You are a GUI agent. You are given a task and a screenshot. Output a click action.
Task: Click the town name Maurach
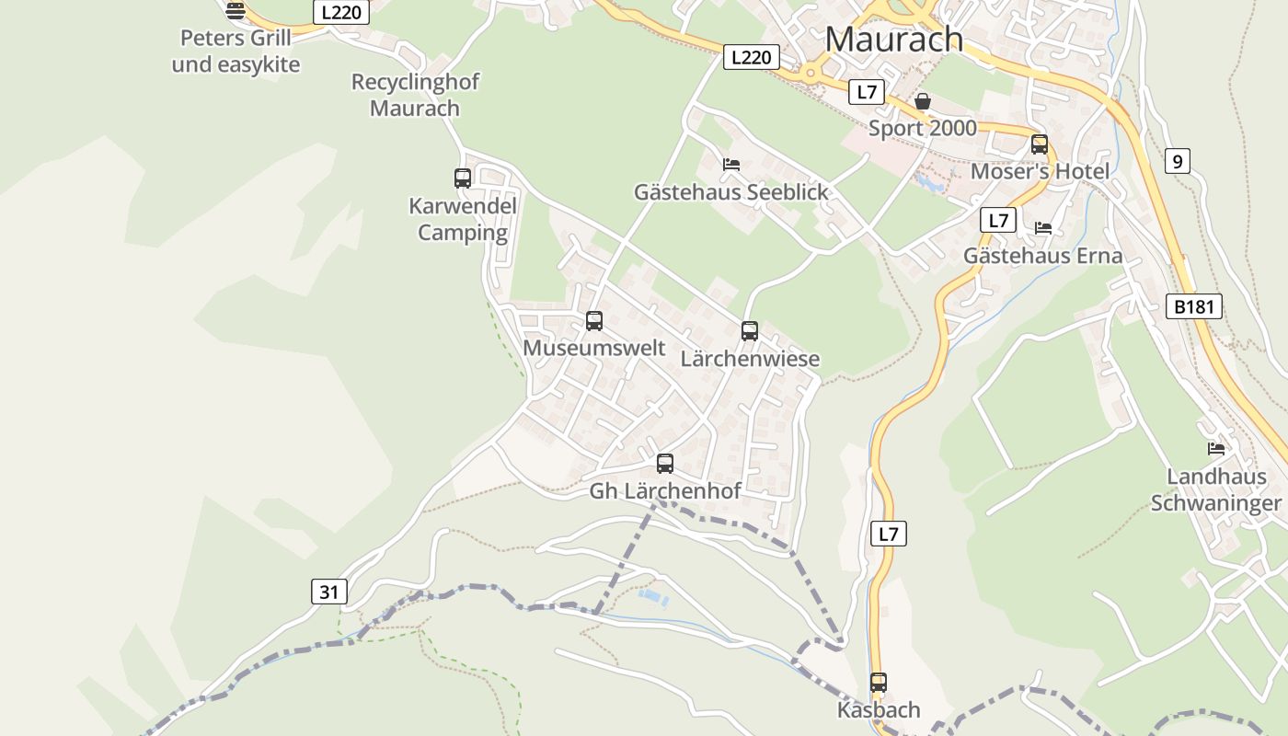coord(893,39)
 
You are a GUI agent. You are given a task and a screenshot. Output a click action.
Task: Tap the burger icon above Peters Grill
coord(236,11)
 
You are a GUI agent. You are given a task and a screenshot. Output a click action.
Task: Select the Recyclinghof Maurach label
coord(415,95)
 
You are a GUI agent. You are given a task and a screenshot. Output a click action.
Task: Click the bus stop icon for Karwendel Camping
coord(463,178)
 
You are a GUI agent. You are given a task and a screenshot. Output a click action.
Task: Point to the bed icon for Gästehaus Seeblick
coord(731,165)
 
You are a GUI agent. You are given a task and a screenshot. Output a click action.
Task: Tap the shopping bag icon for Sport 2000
coord(923,101)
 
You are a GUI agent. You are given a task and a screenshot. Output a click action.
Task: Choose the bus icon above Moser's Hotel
coord(1040,144)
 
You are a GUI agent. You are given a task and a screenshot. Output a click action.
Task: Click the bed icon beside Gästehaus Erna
coord(1043,228)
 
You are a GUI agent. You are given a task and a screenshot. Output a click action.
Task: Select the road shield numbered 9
coord(1177,161)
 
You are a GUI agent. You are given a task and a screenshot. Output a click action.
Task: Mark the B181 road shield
coord(1193,306)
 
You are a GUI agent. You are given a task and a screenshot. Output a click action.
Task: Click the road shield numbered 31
coord(328,592)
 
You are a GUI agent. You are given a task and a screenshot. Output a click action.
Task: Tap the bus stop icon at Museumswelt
coord(594,321)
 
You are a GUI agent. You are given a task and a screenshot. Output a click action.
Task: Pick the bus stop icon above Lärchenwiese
coord(750,331)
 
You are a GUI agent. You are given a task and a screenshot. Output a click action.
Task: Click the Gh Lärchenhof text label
coord(665,491)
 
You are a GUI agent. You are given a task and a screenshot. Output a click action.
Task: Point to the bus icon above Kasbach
coord(879,683)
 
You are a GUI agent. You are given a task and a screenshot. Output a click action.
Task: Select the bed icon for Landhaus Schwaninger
coord(1216,449)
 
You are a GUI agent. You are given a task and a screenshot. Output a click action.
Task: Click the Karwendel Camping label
coord(463,219)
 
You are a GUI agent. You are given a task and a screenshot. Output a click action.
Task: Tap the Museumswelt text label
coord(594,348)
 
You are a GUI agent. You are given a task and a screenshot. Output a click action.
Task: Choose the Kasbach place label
coord(879,710)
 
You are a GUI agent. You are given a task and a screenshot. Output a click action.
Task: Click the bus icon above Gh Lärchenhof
coord(665,464)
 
